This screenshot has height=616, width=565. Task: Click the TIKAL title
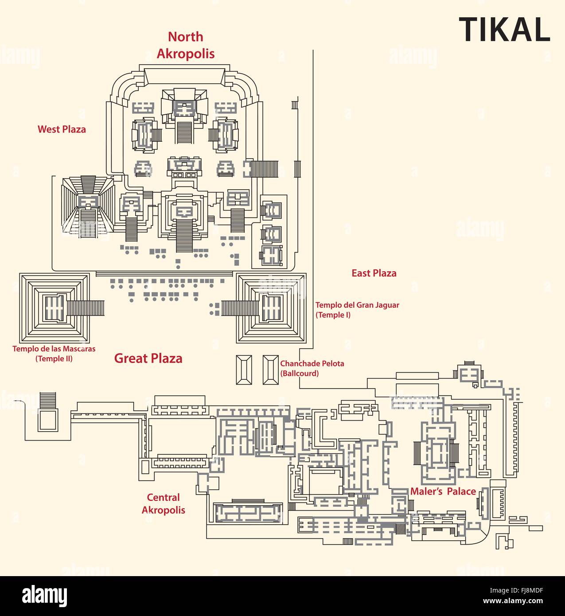(504, 30)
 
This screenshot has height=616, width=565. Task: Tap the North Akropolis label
(186, 45)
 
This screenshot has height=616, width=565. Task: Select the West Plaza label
(62, 129)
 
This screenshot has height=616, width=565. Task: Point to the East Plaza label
(374, 273)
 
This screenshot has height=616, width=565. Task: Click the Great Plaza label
(148, 358)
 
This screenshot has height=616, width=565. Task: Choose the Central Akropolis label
(164, 504)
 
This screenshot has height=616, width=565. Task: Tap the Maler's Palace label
(443, 491)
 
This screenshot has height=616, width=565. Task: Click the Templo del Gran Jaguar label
(357, 310)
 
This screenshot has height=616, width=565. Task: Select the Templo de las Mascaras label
(54, 354)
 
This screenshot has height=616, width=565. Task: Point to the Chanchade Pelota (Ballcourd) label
(312, 368)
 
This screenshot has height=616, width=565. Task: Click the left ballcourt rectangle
(244, 370)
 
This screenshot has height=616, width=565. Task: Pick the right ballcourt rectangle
(270, 370)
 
